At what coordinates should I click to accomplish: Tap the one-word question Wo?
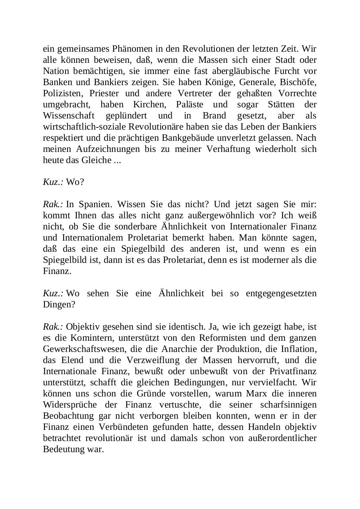point(75,182)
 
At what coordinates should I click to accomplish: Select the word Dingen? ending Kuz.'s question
point(59,305)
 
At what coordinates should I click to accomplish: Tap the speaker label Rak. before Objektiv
point(53,327)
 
